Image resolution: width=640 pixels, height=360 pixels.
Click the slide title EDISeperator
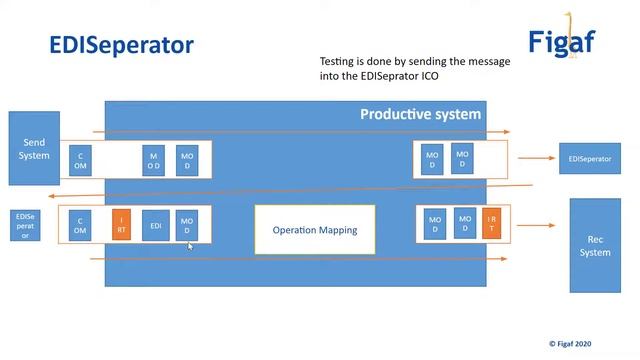pos(122,45)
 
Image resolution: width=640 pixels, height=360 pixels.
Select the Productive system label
pos(420,114)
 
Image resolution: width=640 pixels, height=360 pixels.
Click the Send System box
pos(35,148)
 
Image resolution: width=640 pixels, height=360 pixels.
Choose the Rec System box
pos(594,245)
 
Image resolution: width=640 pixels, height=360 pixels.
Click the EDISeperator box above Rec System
pos(589,159)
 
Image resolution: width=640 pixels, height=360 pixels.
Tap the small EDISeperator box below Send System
pos(26,226)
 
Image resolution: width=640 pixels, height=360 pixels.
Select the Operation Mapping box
pos(314,230)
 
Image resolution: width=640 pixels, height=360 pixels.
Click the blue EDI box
pos(155,225)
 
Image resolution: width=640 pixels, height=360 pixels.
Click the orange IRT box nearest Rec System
pos(491,224)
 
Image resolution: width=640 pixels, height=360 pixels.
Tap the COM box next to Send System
pos(81,161)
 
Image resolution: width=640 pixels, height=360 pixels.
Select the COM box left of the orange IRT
pos(80,225)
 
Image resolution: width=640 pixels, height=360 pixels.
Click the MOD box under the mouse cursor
pos(186,225)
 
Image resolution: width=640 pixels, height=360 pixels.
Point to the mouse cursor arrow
pos(190,246)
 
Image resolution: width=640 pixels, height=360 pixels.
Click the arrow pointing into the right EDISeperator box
pos(545,159)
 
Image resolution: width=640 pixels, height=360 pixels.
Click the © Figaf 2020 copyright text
pos(583,342)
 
